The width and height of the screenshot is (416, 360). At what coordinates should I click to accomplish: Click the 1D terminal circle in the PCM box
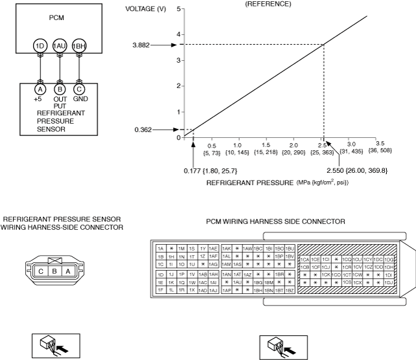tap(40, 46)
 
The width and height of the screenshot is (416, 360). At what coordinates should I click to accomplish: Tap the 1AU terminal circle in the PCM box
tap(60, 46)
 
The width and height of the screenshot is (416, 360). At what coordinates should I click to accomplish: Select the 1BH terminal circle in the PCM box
tap(79, 46)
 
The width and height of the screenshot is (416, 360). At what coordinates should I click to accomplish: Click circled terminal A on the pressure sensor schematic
tap(40, 89)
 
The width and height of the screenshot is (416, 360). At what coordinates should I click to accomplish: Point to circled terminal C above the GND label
tap(79, 89)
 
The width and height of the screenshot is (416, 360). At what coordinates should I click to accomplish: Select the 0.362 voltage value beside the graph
tap(143, 129)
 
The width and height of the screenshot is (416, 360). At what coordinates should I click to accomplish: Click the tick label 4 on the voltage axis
tap(178, 35)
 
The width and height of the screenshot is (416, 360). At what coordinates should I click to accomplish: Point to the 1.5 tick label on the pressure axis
tap(267, 144)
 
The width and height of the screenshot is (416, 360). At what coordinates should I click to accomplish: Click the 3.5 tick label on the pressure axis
tap(380, 144)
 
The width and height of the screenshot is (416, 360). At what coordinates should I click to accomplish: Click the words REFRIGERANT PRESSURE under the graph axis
tap(249, 183)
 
